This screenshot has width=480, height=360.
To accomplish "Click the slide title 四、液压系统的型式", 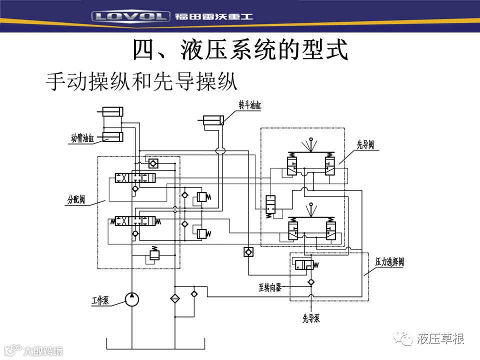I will point(240,50).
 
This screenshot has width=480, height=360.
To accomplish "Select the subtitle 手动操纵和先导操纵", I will point(141,81).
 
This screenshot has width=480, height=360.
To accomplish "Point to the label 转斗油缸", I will point(250,105).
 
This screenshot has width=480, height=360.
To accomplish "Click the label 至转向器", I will point(270,287).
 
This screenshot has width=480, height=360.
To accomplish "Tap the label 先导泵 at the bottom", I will point(311,318).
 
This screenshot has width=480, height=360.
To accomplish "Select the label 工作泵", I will point(100,300).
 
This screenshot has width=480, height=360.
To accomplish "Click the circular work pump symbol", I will point(131,299).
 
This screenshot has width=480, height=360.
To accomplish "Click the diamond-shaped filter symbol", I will point(175,299).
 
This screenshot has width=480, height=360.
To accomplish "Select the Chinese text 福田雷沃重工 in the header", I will point(214,16).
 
